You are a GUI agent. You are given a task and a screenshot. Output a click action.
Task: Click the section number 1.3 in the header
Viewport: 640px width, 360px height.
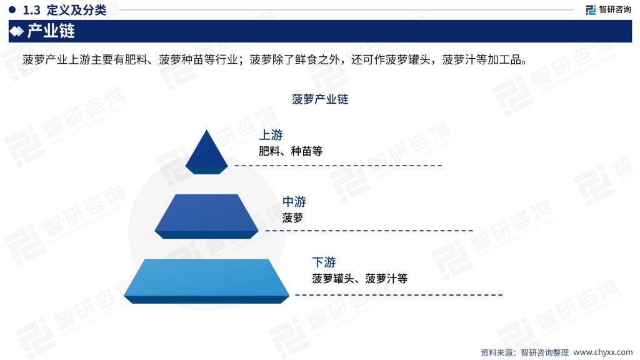[31, 10]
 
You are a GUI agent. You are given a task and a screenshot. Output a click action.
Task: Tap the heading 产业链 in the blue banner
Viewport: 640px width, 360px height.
[51, 31]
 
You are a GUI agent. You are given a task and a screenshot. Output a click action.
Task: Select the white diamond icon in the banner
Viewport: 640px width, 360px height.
[16, 31]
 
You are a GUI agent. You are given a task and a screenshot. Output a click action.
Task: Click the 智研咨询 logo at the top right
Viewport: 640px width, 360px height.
[608, 9]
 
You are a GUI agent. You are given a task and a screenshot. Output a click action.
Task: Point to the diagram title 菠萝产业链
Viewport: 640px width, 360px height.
[319, 99]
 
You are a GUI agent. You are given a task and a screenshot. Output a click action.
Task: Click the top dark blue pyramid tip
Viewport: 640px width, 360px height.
[206, 152]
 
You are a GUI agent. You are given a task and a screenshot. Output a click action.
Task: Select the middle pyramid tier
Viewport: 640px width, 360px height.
[206, 216]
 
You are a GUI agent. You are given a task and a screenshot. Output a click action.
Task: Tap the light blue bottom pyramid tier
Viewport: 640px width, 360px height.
[206, 281]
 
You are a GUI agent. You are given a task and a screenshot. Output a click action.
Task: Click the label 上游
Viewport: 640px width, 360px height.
[271, 135]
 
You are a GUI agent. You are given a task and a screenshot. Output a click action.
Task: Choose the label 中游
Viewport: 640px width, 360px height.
[294, 202]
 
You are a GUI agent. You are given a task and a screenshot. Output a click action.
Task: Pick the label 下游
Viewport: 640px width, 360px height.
[324, 262]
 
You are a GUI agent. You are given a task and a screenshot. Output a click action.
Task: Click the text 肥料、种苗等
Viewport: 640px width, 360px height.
[291, 151]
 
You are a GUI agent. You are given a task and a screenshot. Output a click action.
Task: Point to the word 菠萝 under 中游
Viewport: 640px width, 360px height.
[292, 218]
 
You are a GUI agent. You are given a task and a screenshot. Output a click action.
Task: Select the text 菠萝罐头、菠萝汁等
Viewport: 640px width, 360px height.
[359, 279]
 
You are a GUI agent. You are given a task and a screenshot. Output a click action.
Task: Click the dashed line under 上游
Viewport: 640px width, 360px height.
[338, 165]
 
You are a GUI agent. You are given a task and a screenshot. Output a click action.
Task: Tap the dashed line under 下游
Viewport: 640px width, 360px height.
[399, 295]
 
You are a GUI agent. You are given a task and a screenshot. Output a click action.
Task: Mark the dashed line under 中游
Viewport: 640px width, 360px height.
[369, 231]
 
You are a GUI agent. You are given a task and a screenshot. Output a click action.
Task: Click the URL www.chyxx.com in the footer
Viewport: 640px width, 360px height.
[603, 352]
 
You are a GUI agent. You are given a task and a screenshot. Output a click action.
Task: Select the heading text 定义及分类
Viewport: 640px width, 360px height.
[76, 10]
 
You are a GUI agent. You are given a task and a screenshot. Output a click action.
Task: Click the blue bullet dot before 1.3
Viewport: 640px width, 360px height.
[12, 10]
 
